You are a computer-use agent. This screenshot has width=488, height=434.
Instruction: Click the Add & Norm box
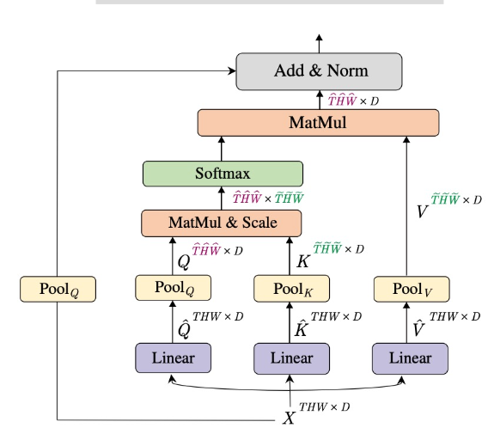pyautogui.click(x=319, y=71)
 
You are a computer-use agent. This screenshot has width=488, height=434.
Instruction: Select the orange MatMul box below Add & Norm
pyautogui.click(x=318, y=122)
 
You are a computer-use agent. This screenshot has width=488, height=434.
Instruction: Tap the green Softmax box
pyautogui.click(x=223, y=174)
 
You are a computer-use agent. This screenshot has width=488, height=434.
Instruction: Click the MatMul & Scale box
pyautogui.click(x=223, y=223)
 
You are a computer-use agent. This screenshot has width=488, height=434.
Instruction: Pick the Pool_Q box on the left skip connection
pyautogui.click(x=57, y=289)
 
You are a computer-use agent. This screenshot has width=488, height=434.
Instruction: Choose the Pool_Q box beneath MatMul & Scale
pyautogui.click(x=173, y=287)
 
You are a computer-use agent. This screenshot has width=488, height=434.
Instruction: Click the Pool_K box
pyautogui.click(x=291, y=288)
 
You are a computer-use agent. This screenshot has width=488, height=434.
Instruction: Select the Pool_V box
pyautogui.click(x=409, y=288)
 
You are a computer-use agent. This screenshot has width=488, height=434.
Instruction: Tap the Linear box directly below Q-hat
pyautogui.click(x=173, y=358)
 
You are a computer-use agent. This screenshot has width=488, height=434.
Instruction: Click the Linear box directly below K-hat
pyautogui.click(x=291, y=358)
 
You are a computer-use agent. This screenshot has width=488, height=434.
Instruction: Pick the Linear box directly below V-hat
pyautogui.click(x=410, y=358)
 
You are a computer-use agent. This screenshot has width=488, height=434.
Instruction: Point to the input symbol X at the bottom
pyautogui.click(x=290, y=419)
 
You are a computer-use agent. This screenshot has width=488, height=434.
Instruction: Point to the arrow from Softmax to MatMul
pyautogui.click(x=223, y=148)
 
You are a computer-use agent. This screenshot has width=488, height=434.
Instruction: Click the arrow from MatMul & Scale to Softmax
pyautogui.click(x=223, y=198)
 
